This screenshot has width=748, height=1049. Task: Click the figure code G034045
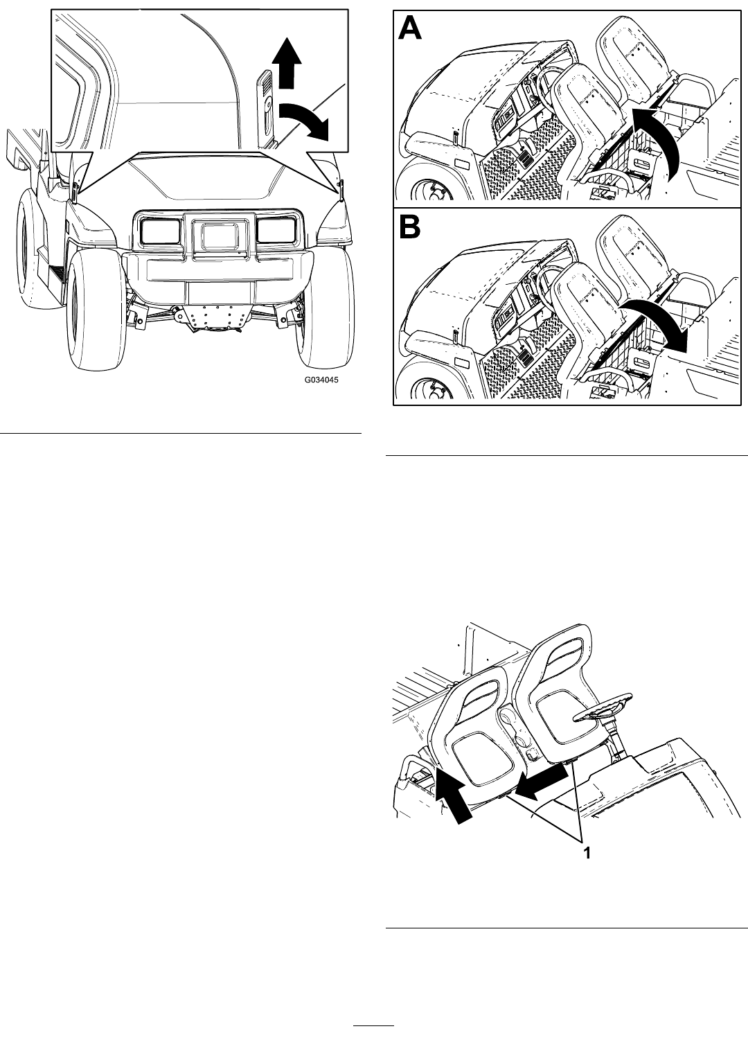tap(321, 380)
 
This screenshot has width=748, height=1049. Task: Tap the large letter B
tap(409, 227)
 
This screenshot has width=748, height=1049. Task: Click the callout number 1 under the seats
tap(586, 853)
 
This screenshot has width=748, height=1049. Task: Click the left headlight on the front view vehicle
tap(161, 231)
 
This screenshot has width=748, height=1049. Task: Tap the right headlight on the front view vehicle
tap(276, 230)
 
